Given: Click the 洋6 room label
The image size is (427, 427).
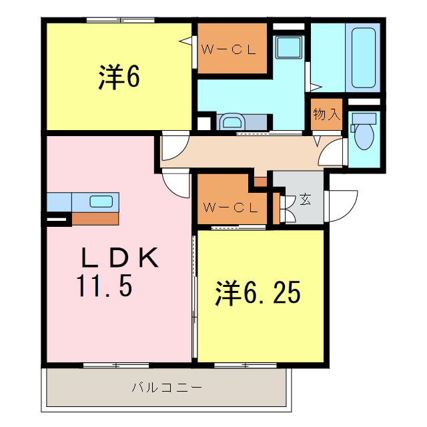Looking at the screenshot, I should (x=119, y=78).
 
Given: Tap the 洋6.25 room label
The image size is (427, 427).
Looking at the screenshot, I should (x=257, y=293).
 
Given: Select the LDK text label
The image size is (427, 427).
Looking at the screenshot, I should (x=121, y=257).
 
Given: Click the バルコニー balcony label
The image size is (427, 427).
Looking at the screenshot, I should (x=167, y=387).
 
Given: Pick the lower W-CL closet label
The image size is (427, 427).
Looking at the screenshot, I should (x=230, y=207).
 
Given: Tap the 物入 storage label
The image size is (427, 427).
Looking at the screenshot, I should (x=327, y=114).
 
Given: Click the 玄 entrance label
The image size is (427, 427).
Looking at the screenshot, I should (x=304, y=199).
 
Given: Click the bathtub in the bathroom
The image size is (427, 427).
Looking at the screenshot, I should (x=364, y=57).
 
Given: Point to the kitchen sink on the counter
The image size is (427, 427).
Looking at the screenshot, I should (x=101, y=201).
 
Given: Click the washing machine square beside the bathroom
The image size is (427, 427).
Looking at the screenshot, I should (x=290, y=48).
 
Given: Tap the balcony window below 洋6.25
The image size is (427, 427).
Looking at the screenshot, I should (x=245, y=365).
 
